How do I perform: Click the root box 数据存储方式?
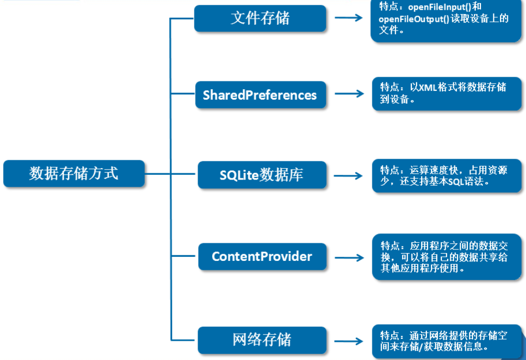[x=74, y=173]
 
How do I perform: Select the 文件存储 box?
[x=260, y=18]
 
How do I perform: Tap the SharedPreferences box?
[x=260, y=95]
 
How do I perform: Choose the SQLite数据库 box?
[x=261, y=175]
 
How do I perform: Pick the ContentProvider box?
[x=262, y=256]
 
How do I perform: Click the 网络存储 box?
[x=262, y=340]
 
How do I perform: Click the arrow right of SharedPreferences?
[x=349, y=94]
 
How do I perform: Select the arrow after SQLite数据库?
[x=349, y=175]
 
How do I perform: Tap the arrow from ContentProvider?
[x=349, y=257]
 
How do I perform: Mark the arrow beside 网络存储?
[x=349, y=341]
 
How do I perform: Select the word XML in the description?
[x=428, y=87]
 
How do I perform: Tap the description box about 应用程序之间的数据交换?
[x=447, y=257]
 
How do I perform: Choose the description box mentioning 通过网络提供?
[x=447, y=341]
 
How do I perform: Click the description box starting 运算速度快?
[x=447, y=176]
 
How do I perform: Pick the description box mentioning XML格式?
[x=447, y=93]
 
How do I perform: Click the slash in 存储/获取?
[x=423, y=347]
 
